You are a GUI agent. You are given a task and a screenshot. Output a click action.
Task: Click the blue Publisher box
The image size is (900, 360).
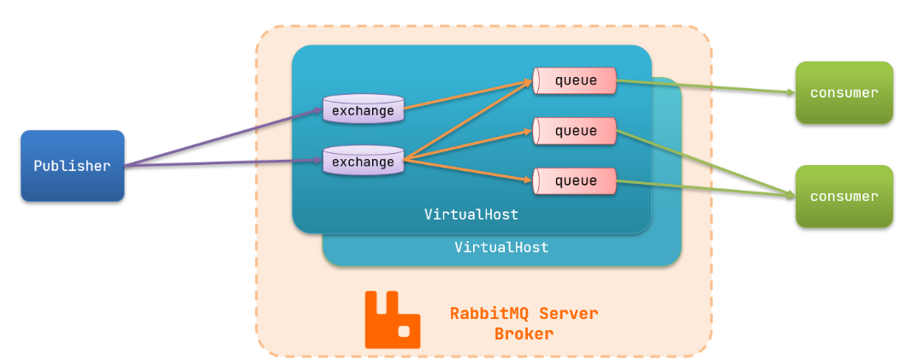(x=73, y=166)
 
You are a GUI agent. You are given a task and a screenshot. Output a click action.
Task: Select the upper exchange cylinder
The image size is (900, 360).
(x=363, y=110)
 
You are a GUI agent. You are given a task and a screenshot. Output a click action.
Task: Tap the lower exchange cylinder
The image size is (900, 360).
(x=363, y=161)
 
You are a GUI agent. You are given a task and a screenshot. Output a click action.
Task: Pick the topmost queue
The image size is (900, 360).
(x=575, y=80)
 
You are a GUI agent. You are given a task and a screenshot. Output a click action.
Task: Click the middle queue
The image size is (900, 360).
(x=575, y=131)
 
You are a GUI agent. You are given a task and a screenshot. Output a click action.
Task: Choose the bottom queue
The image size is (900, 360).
(x=575, y=180)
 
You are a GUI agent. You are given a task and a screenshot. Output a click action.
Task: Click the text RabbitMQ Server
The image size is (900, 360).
(x=524, y=313)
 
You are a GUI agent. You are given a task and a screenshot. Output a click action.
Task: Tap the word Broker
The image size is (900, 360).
(x=524, y=333)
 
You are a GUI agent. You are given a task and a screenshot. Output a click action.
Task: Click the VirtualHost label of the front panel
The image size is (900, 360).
(x=471, y=213)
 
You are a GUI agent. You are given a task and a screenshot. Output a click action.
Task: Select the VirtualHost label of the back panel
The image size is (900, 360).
(x=500, y=247)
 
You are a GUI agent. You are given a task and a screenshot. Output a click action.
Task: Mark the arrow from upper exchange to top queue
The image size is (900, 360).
(x=466, y=95)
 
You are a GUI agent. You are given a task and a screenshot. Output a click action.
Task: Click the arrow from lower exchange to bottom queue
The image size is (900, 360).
(x=466, y=169)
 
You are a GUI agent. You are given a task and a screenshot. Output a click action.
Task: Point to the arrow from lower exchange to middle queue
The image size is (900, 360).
(x=466, y=145)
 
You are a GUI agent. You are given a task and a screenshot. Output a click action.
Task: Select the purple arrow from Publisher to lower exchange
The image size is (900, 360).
(x=222, y=163)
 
